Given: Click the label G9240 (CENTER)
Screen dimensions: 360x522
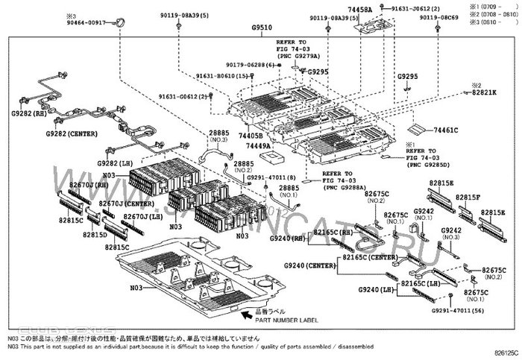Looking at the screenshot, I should point(310,266).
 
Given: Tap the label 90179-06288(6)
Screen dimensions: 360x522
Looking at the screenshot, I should point(250,65).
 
